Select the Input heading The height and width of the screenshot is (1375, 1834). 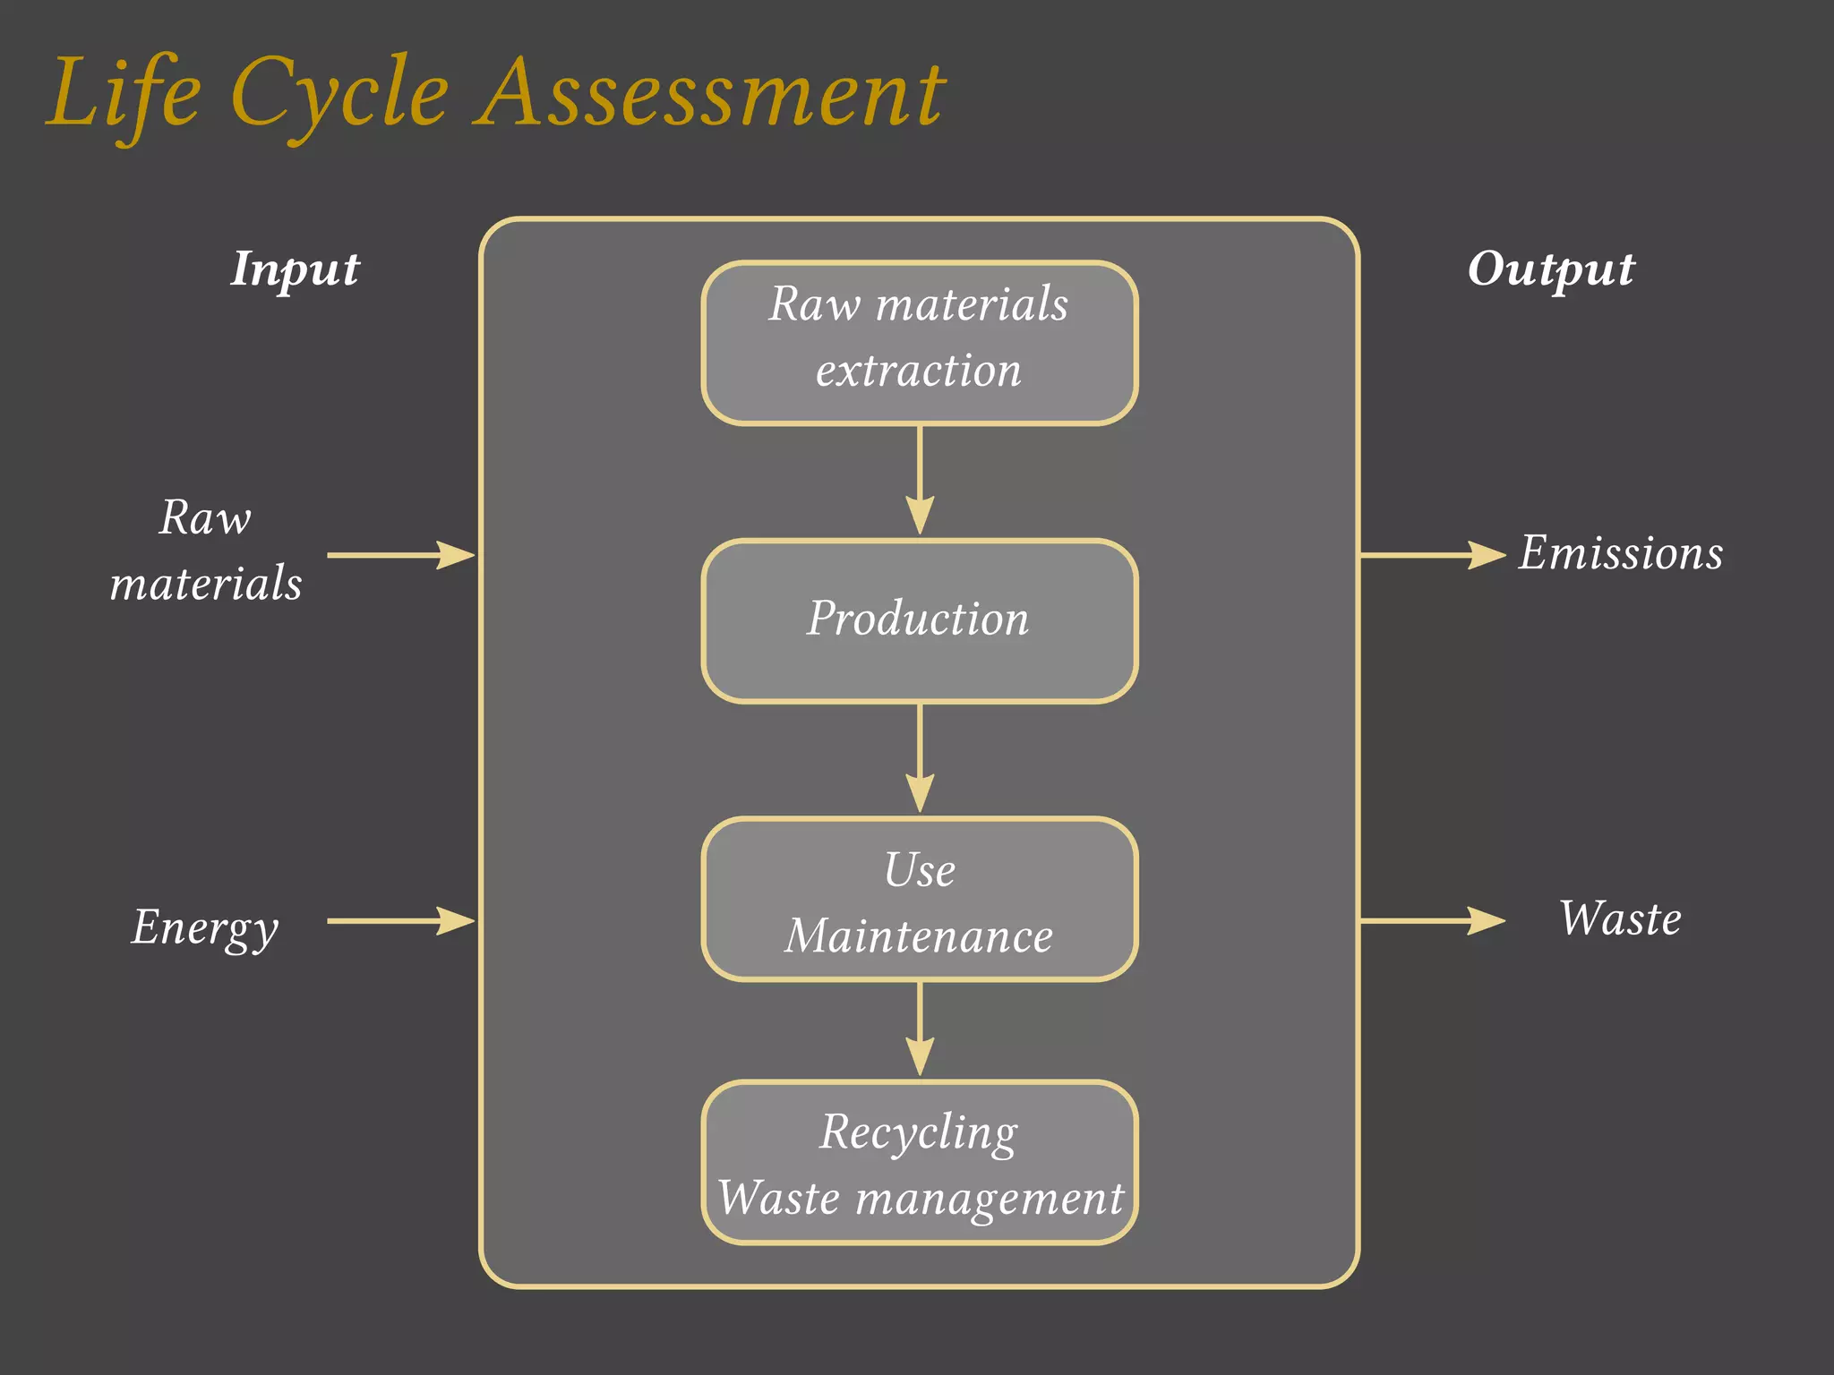pyautogui.click(x=295, y=269)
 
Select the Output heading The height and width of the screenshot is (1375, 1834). pyautogui.click(x=1550, y=269)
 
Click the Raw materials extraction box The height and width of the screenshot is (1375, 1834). pyautogui.click(x=919, y=342)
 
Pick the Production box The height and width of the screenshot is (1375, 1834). pyautogui.click(x=919, y=620)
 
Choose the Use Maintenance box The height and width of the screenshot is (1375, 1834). pyautogui.click(x=919, y=899)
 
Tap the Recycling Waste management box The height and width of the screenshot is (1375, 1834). pyautogui.click(x=919, y=1162)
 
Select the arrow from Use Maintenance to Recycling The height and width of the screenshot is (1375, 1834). pyautogui.click(x=920, y=1029)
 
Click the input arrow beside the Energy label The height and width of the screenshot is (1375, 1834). pyautogui.click(x=400, y=920)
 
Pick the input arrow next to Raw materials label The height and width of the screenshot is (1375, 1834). pyautogui.click(x=400, y=555)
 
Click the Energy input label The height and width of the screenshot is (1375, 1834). pyautogui.click(x=205, y=927)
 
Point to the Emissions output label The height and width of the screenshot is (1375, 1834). pyautogui.click(x=1620, y=553)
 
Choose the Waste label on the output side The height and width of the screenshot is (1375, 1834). pyautogui.click(x=1620, y=918)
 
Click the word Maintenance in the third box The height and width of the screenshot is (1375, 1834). pyautogui.click(x=919, y=936)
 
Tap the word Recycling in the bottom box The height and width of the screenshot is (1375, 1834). pyautogui.click(x=919, y=1132)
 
